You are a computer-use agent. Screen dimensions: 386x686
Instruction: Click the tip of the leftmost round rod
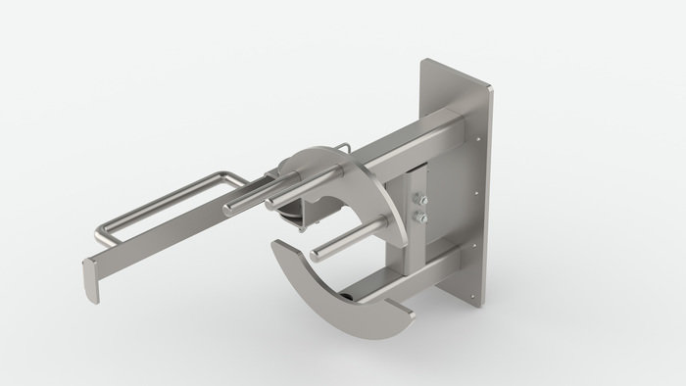click(227, 209)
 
